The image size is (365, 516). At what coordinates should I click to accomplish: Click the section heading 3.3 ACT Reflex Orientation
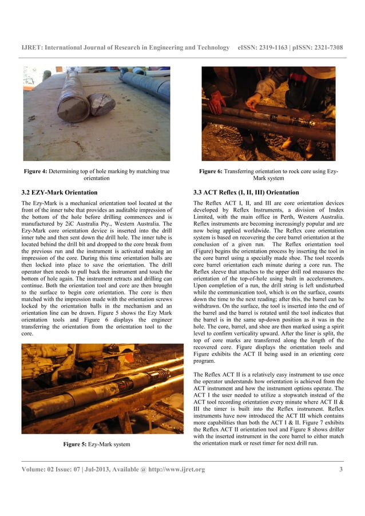pos(246,192)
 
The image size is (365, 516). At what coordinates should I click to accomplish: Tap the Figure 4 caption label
pos(36,171)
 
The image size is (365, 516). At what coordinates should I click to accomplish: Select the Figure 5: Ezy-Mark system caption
pos(96,444)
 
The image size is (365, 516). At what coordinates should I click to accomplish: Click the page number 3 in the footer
pos(341,470)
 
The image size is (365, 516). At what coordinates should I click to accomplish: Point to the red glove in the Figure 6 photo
pos(216,102)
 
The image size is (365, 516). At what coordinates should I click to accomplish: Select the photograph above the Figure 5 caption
pos(96,389)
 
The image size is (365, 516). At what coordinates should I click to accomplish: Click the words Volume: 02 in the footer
pos(39,470)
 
